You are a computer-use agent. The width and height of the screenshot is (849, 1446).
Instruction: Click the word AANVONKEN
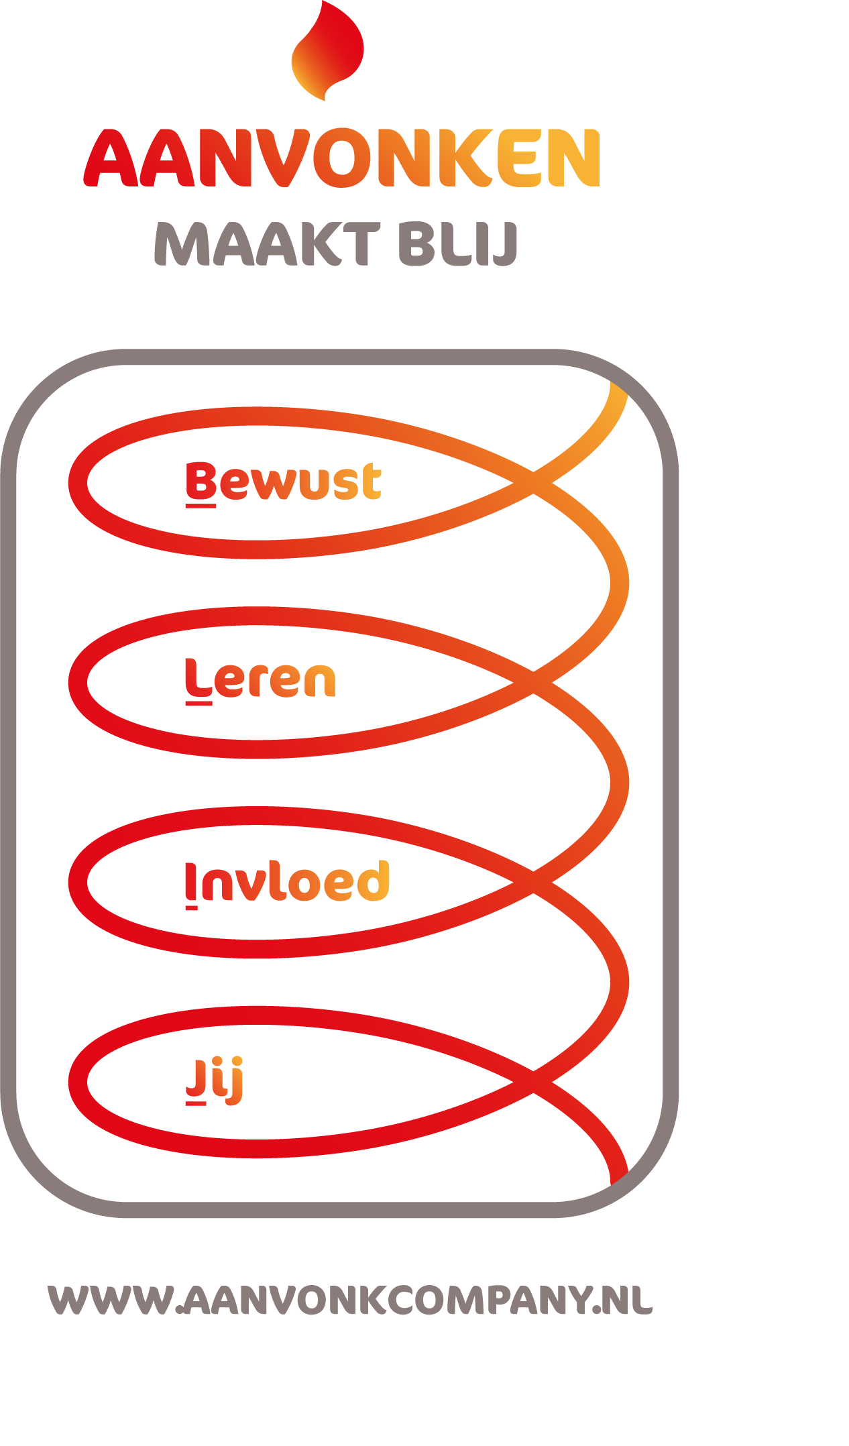[342, 158]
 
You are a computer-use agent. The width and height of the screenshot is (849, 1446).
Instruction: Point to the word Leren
[260, 679]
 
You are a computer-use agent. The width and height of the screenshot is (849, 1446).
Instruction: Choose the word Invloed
[287, 881]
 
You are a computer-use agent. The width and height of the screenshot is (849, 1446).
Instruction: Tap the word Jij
[214, 1080]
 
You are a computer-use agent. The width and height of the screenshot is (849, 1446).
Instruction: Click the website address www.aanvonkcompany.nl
[349, 1300]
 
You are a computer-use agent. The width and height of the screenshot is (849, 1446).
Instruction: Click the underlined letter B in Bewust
[201, 481]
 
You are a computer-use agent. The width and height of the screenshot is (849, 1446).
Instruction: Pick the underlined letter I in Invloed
[191, 883]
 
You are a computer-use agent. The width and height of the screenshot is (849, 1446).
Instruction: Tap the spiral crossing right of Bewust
[533, 482]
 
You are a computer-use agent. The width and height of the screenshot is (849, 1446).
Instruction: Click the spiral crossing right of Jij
[533, 1081]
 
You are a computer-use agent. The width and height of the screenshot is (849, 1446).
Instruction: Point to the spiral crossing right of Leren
[533, 681]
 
